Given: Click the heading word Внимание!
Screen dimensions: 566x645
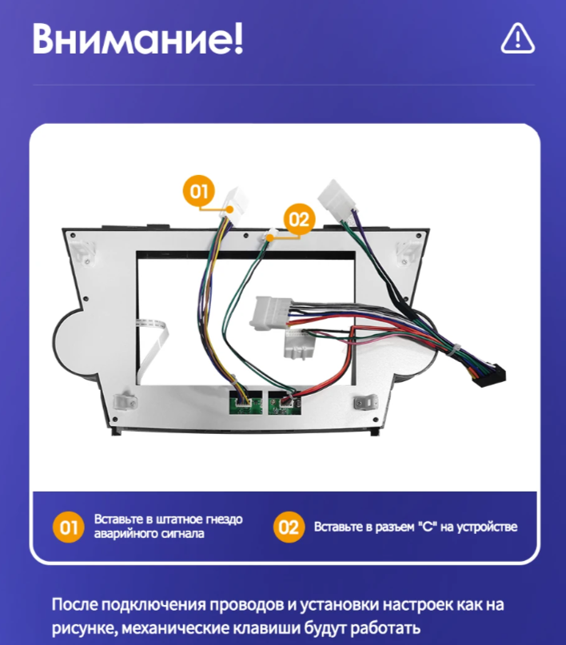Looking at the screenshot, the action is click(137, 38).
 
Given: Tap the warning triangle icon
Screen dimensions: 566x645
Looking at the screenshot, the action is click(517, 38).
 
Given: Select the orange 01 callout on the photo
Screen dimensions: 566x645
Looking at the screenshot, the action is click(198, 191).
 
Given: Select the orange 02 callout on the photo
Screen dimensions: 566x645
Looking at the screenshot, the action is click(297, 217).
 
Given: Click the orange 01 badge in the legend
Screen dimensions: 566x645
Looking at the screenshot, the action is click(69, 527).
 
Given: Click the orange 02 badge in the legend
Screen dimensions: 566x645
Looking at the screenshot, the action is click(289, 527).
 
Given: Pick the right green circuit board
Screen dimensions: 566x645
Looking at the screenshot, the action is click(285, 402).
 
